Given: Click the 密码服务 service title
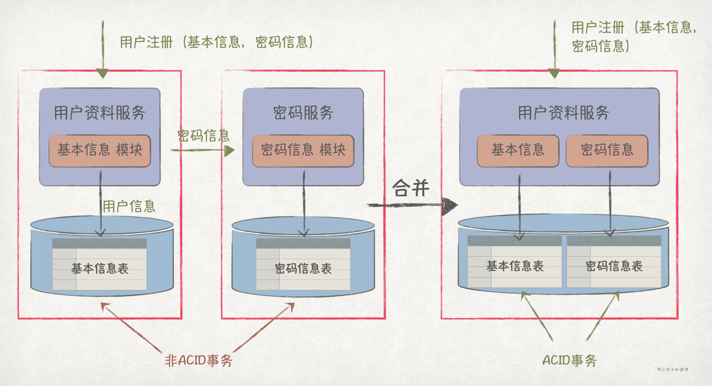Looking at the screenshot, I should click(x=303, y=113).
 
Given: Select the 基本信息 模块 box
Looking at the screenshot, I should click(x=100, y=150).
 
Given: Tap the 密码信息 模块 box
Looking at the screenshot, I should click(x=303, y=150).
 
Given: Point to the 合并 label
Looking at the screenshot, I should click(x=411, y=188).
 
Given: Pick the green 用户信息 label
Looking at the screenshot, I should click(x=129, y=206).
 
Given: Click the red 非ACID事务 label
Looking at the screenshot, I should click(x=199, y=361).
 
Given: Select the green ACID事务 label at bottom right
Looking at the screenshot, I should click(x=569, y=361).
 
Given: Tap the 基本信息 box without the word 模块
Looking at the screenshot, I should click(x=518, y=150).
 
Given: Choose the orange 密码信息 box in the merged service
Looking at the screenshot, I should click(x=607, y=150).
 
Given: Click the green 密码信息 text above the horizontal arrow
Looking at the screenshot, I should click(x=204, y=136).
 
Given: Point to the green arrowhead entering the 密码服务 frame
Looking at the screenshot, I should click(x=230, y=151).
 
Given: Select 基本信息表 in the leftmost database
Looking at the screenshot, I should click(x=100, y=269).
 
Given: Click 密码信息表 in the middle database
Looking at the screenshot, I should click(x=303, y=269).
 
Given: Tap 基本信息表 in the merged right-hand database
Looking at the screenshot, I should click(x=515, y=266).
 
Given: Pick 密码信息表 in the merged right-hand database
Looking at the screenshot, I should click(x=614, y=266).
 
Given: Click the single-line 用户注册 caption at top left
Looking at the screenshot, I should click(x=216, y=42).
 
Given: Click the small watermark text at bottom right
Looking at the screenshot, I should click(x=673, y=370).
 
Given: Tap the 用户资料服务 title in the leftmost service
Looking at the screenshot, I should click(x=100, y=113).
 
